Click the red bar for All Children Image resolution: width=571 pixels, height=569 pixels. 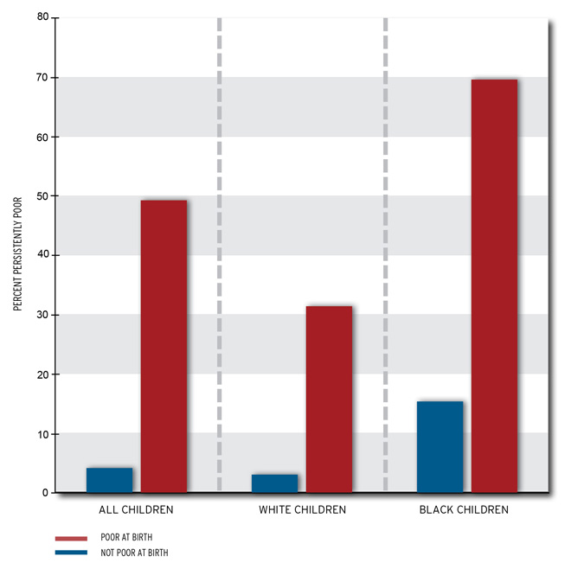point(164,346)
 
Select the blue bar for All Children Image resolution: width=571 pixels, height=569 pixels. point(110,480)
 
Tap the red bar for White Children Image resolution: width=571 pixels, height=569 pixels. point(329,399)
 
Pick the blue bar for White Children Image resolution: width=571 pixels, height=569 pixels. point(274,483)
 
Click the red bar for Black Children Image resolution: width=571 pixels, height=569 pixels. point(494,285)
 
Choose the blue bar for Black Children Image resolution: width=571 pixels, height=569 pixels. point(439,446)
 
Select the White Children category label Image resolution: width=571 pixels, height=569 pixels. point(302,510)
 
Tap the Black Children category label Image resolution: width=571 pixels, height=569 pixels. point(464,510)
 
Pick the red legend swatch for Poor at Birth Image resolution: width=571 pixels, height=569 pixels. point(71,538)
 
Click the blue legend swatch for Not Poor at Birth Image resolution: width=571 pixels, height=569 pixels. point(71,553)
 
